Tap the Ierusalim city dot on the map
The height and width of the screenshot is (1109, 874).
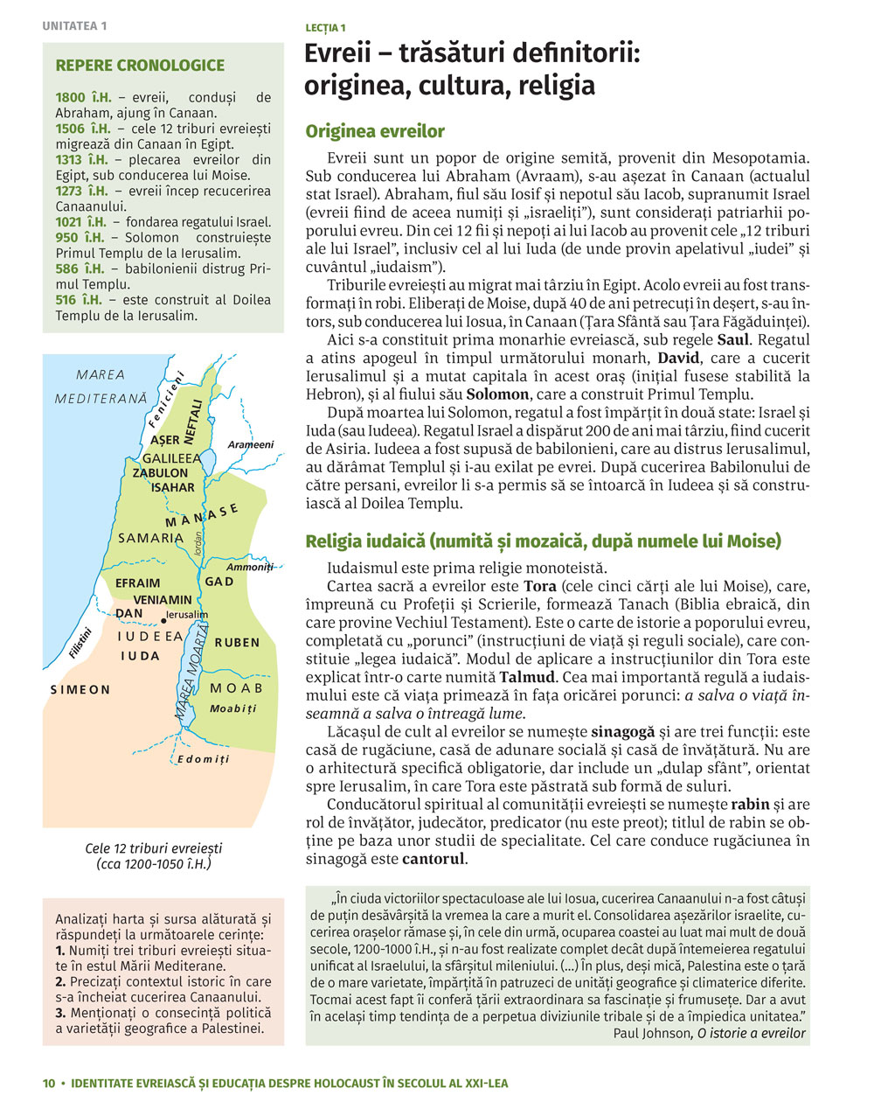click(x=163, y=619)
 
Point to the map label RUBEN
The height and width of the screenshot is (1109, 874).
click(x=237, y=642)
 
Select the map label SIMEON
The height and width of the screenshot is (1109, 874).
click(x=80, y=689)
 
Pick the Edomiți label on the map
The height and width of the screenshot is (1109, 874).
click(x=203, y=759)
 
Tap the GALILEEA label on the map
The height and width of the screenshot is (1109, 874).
click(x=171, y=457)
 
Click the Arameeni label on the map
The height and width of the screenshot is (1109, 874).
click(x=250, y=445)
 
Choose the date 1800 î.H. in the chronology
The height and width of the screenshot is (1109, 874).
click(x=82, y=98)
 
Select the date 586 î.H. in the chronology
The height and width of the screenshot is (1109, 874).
click(x=79, y=269)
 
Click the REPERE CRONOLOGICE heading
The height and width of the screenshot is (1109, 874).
click(x=140, y=66)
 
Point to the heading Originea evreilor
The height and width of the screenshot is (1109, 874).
click(x=375, y=132)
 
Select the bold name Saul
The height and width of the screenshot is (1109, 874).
click(x=732, y=339)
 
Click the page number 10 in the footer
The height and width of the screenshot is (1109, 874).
click(x=49, y=1083)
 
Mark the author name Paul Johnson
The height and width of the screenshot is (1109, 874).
click(x=651, y=1033)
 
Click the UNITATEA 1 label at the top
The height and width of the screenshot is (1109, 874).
click(x=74, y=26)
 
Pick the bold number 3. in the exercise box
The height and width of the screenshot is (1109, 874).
click(x=60, y=1013)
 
